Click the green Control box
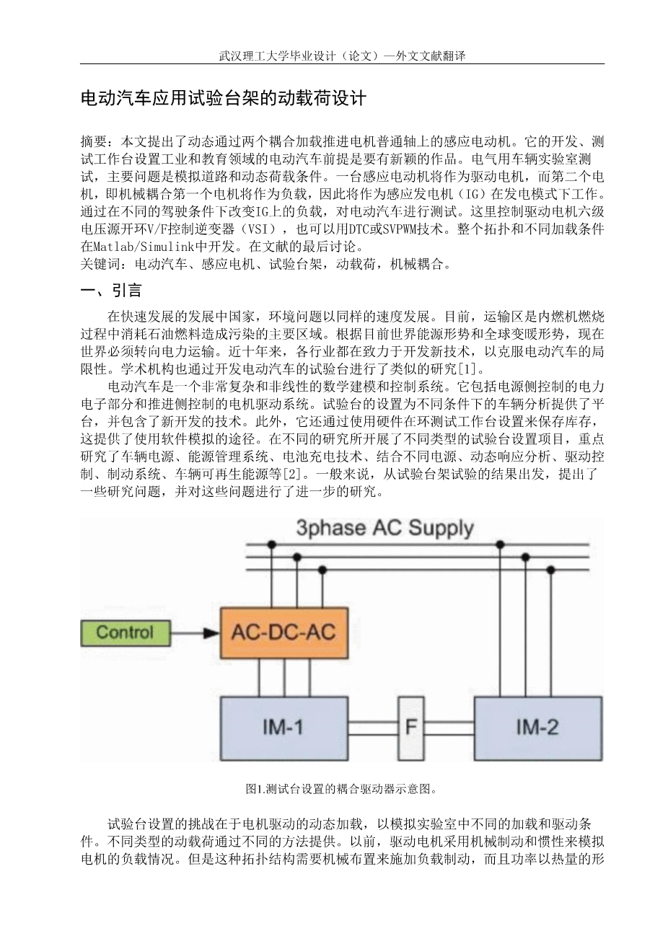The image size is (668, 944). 124,633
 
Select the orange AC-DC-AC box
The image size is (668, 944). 284,633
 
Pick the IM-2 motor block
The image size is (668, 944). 537,727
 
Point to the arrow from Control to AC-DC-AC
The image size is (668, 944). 194,634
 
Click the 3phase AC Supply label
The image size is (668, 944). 384,528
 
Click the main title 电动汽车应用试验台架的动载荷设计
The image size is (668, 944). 224,99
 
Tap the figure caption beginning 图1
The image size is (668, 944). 341,788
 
